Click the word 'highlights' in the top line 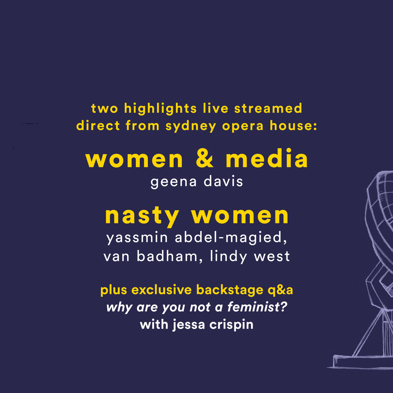coord(161,109)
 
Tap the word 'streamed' coord(268,108)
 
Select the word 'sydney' coord(191,126)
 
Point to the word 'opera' coord(243,126)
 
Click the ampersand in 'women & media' coord(205,159)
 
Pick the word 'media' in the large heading coord(267,158)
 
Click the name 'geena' coord(173,182)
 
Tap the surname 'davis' coord(223,181)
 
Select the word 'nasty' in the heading coord(142,217)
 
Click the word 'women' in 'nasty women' coord(240,216)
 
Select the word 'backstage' coord(229,290)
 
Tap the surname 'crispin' coord(231,325)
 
